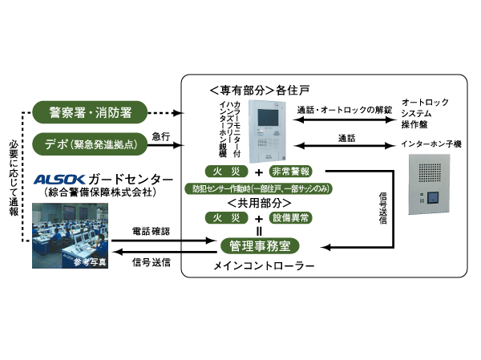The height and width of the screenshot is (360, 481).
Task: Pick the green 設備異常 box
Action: click(293, 217)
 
